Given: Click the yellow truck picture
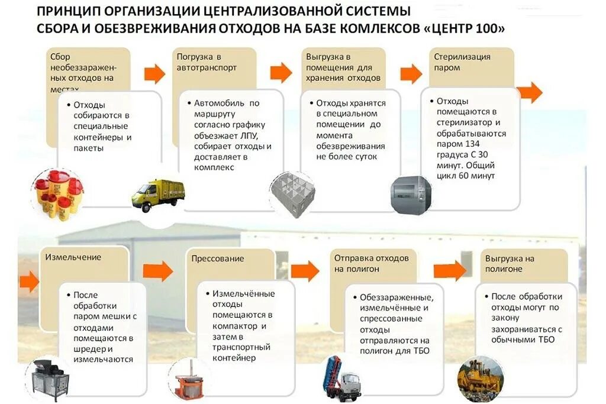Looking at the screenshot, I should coord(157,196).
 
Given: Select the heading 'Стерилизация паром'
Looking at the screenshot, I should coord(462,62).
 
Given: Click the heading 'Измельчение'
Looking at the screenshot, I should coord(73,257).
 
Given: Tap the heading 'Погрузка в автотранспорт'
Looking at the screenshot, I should coord(207,62).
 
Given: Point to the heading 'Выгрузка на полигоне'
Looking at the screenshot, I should coord(510,264).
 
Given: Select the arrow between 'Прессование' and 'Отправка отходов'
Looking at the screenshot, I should coord(305,271).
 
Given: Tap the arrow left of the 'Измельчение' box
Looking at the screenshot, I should coord(28,282).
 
